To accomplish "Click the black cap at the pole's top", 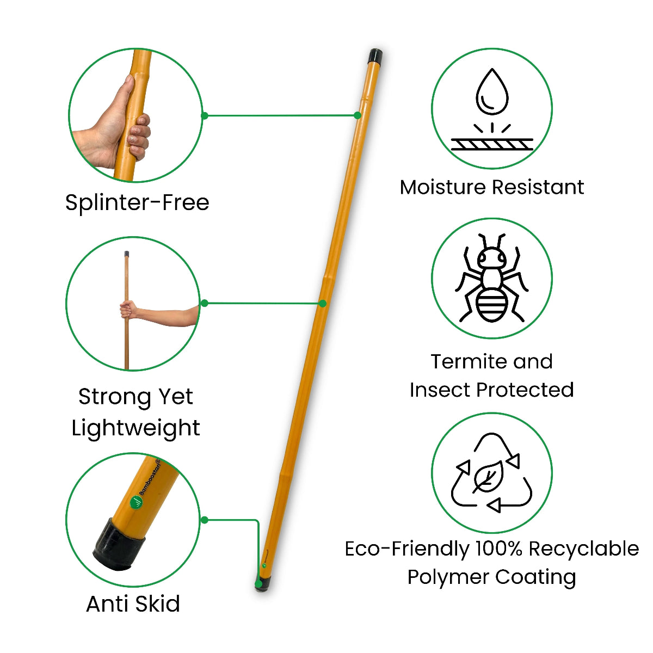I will (x=375, y=56).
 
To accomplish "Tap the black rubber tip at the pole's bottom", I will (x=262, y=586).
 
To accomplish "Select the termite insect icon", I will (x=492, y=279).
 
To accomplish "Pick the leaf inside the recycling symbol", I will (x=488, y=477).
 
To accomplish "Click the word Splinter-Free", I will (x=137, y=202).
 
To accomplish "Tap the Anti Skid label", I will (x=133, y=603).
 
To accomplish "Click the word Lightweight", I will (x=136, y=428).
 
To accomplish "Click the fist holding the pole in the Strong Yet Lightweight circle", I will (x=127, y=310).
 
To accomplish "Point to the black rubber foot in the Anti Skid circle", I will (x=118, y=544).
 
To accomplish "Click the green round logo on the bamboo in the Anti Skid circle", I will (x=136, y=502).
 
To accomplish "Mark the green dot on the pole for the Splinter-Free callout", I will (x=358, y=115).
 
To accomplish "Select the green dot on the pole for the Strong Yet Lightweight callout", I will (x=323, y=303).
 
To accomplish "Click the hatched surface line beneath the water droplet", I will (x=492, y=144).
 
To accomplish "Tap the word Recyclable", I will (x=583, y=549).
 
